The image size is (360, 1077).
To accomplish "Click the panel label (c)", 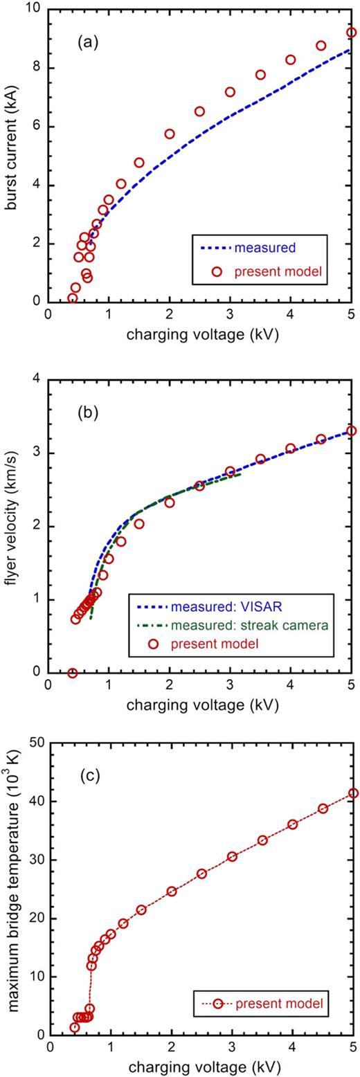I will click(89, 775).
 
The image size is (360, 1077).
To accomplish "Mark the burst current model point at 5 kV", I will click(351, 32).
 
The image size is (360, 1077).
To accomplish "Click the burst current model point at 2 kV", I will click(169, 134).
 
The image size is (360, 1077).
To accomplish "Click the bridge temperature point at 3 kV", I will click(232, 856).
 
